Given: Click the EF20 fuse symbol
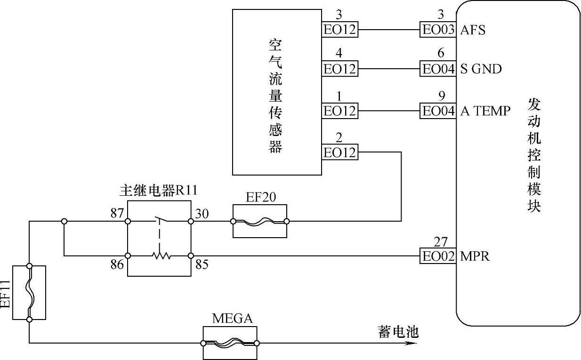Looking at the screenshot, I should tap(259, 221).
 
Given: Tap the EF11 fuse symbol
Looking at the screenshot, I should tap(29, 293).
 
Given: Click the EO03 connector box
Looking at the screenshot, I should tap(437, 30).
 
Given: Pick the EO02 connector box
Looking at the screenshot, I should tap(437, 256).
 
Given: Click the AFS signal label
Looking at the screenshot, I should tap(473, 30).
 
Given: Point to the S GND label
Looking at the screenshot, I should tap(481, 69).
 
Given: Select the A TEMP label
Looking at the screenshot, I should tap(485, 111).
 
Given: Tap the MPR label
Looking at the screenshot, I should tap(475, 256).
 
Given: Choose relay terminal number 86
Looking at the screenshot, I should tap(116, 264).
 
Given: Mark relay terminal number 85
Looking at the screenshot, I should tap(202, 264).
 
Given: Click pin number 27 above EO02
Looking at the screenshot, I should tap(441, 242).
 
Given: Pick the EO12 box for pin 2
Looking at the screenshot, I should tap(339, 153).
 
